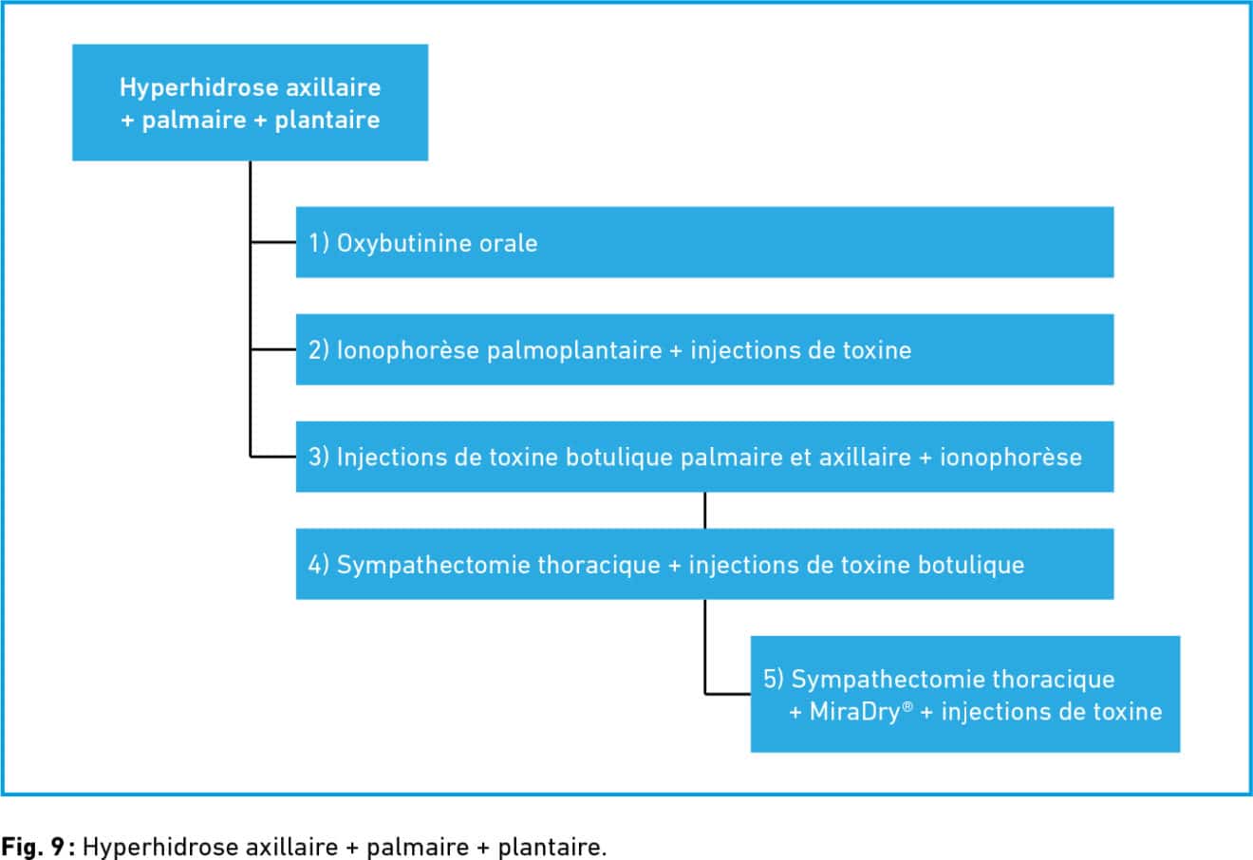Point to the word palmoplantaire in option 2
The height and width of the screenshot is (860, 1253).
(574, 351)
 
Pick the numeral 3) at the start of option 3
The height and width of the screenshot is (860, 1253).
(318, 458)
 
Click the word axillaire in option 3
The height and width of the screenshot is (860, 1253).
(865, 458)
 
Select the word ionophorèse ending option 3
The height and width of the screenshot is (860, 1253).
(1011, 458)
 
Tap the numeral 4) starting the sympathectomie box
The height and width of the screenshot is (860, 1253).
(318, 565)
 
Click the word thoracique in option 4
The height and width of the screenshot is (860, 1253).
(599, 565)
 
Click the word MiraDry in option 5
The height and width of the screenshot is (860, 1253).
(854, 712)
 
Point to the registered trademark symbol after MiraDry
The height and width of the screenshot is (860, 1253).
(907, 706)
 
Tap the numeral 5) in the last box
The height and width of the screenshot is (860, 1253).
(774, 680)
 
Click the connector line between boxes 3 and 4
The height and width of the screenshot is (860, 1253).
(704, 511)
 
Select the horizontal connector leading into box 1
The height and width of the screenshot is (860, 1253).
(273, 242)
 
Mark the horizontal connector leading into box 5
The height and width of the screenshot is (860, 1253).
(728, 694)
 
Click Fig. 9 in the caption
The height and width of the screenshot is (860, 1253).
(33, 847)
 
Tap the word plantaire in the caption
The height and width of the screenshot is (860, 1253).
(552, 847)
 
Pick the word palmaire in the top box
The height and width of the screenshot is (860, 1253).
(194, 121)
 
